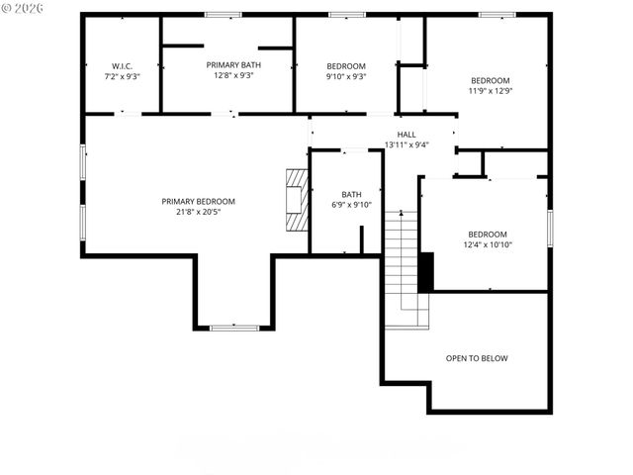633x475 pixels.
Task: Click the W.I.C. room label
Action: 122,65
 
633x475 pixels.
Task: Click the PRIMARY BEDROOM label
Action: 199,201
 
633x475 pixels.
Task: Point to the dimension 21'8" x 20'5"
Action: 199,212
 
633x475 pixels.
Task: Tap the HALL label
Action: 407,135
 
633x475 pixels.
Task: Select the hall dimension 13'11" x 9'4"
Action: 407,144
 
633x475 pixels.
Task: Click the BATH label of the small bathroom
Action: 352,194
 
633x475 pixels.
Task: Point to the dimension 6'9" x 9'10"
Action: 352,205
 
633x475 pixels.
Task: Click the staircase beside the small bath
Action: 403,267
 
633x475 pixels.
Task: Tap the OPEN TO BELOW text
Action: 477,358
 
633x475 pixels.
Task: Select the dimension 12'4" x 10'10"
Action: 488,244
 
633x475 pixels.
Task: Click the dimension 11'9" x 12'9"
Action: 491,91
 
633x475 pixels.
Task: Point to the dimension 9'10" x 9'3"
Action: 346,75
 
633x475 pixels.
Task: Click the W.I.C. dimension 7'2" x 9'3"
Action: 122,75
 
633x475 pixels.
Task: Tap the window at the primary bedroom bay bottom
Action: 234,327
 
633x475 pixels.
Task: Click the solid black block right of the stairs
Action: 426,272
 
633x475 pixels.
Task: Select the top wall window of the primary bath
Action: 223,14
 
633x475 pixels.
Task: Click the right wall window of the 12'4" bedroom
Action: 549,226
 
